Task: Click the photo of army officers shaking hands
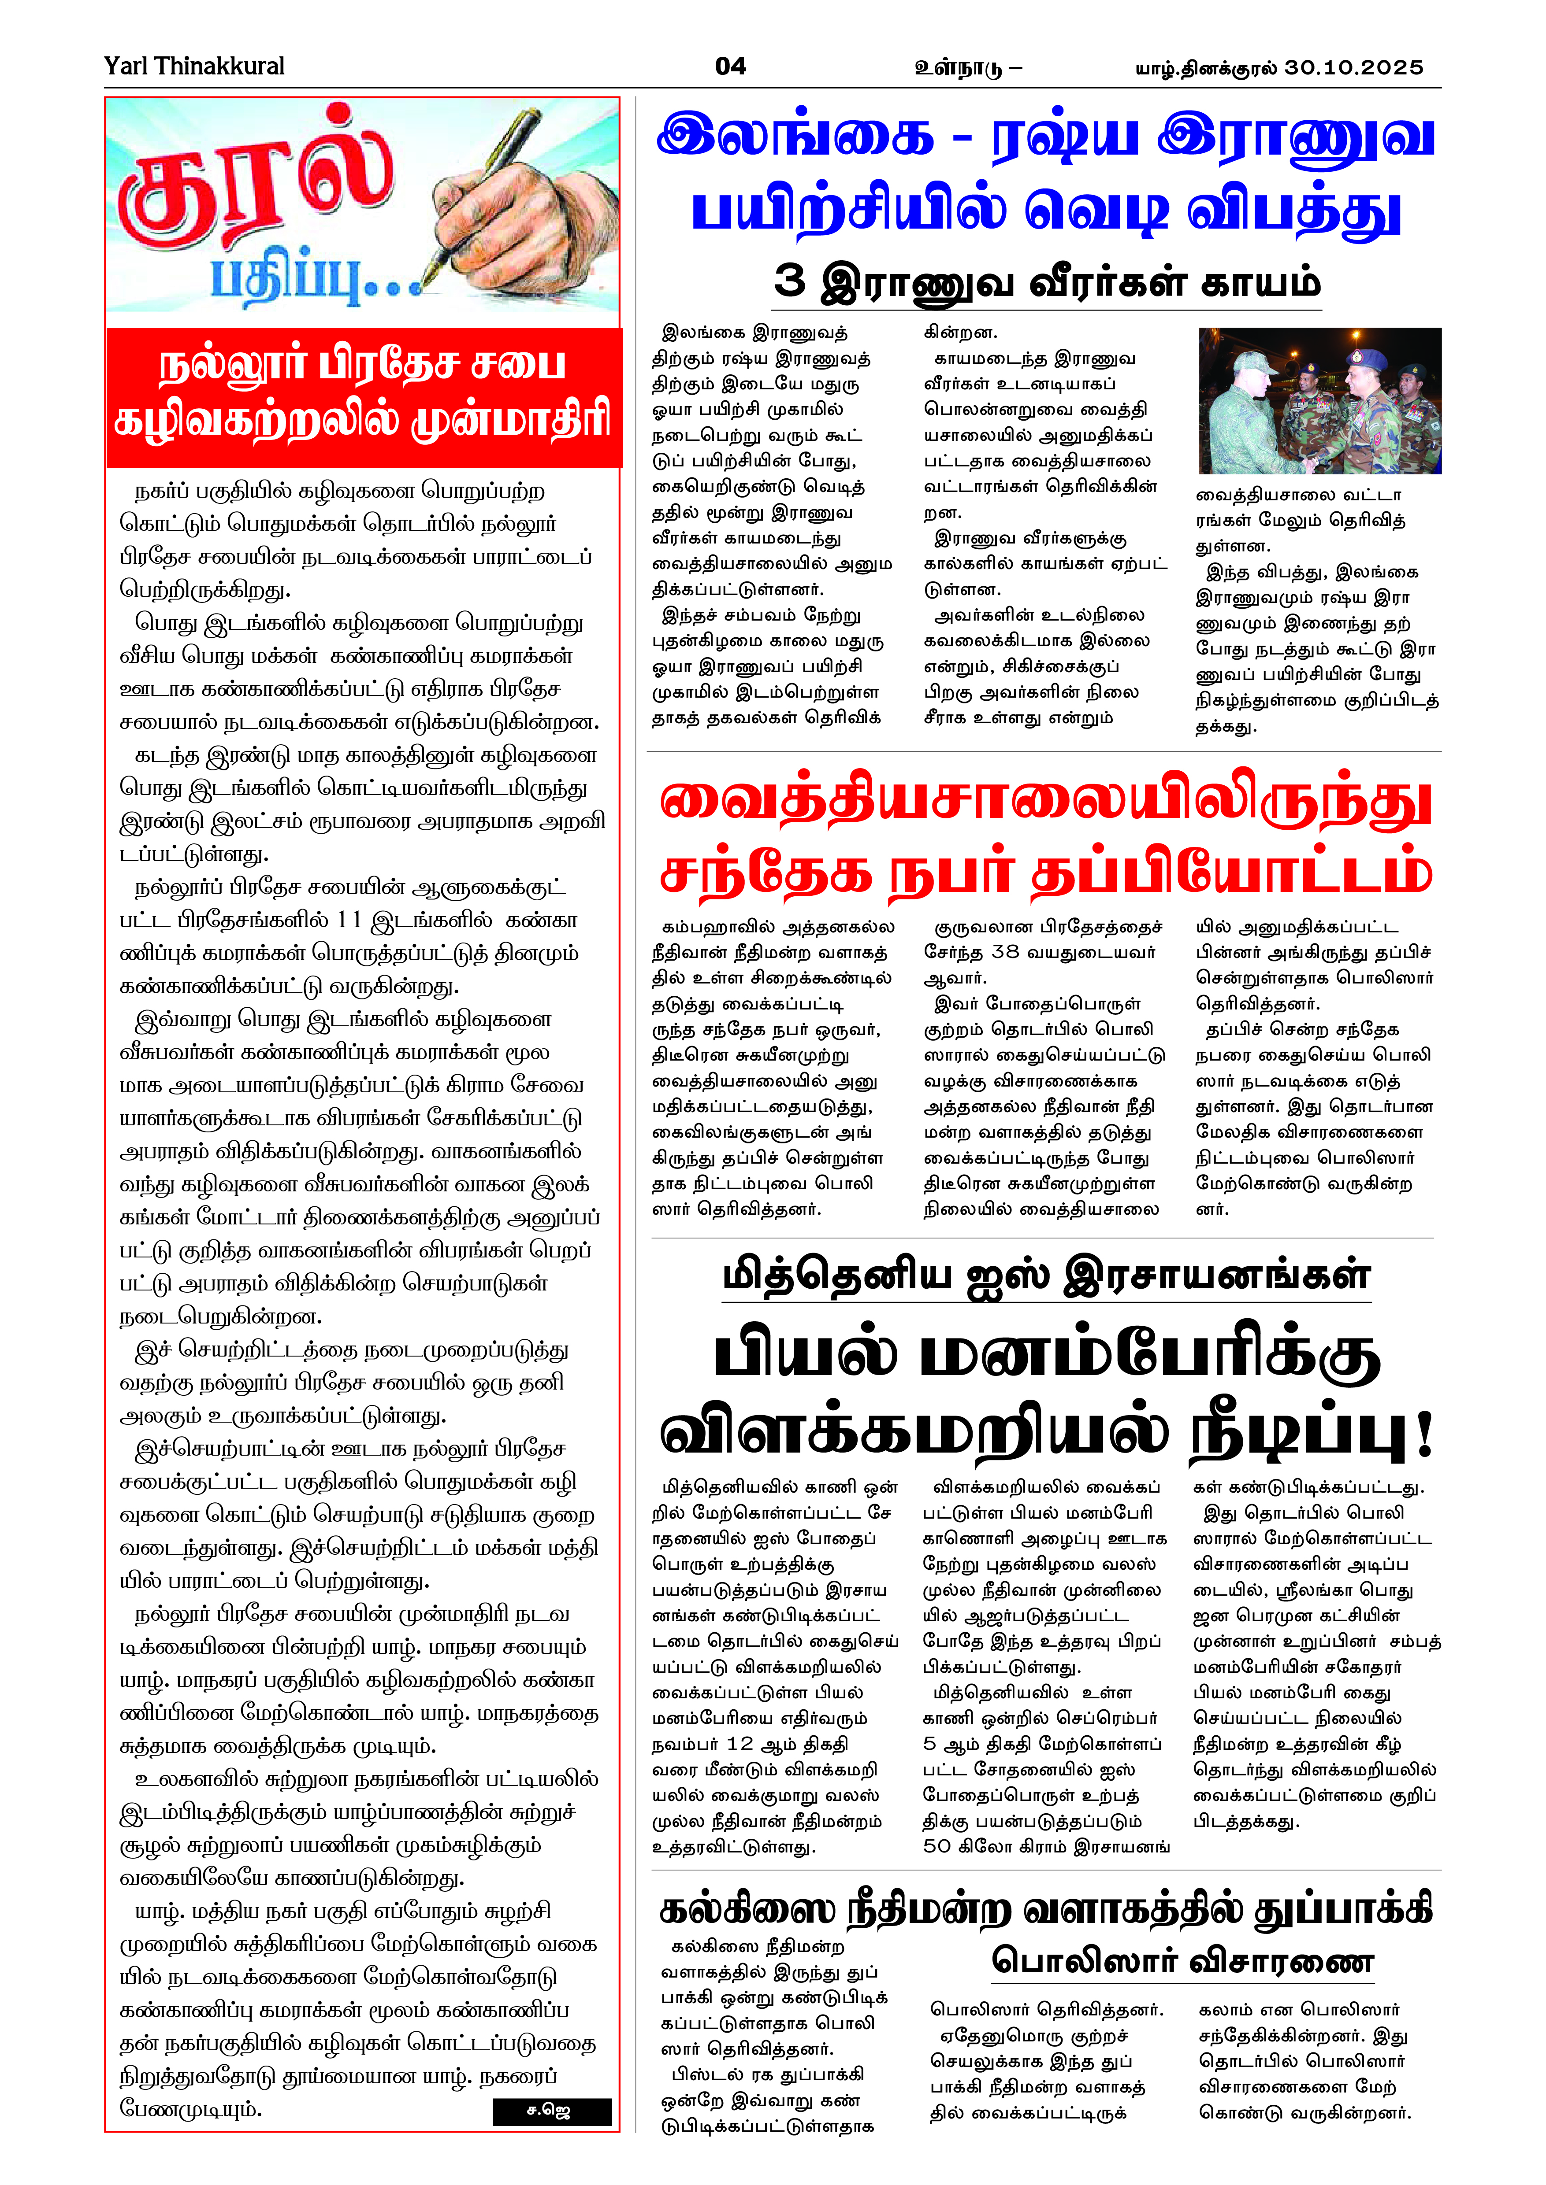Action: pyautogui.click(x=1319, y=401)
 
